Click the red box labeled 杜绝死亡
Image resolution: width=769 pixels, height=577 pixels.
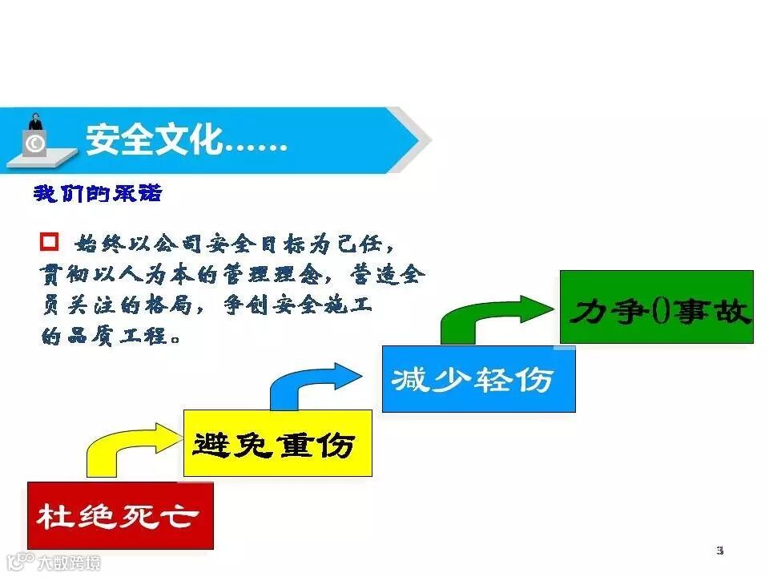pos(120,515)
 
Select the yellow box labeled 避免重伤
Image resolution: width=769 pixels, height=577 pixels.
pos(277,443)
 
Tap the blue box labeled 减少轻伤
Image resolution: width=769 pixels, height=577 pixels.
pos(477,378)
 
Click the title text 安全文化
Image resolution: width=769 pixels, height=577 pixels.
pos(152,140)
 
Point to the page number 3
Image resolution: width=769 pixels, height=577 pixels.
pos(719,550)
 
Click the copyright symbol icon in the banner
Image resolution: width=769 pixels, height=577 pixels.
pos(34,143)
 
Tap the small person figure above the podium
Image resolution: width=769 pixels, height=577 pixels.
pos(35,122)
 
